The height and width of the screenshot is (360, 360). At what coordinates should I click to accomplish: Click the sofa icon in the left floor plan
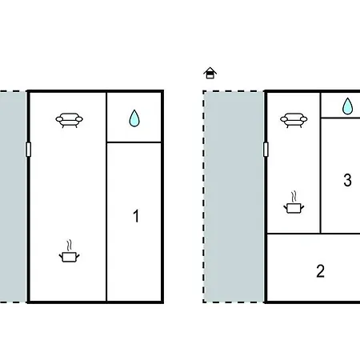click(70, 120)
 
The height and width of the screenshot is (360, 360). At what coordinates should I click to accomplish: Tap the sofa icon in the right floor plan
click(294, 120)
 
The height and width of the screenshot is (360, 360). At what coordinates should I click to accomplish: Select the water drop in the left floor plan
click(134, 118)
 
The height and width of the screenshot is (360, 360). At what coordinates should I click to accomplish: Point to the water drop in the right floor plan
click(347, 106)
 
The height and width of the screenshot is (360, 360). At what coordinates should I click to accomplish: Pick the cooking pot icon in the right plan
click(294, 202)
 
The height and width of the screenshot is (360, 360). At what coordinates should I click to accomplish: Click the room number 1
click(136, 216)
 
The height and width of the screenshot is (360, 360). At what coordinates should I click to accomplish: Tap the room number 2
click(320, 271)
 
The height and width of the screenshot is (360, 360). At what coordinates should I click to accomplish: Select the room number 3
click(347, 180)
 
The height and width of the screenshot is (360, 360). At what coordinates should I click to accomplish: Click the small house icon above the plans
click(210, 73)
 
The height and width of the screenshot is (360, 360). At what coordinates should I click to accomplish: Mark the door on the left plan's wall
click(29, 150)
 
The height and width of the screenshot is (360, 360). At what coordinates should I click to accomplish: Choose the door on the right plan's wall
click(266, 150)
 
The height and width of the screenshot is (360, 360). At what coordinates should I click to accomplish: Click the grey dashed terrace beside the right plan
click(234, 197)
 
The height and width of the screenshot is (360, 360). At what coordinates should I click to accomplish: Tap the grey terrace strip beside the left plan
click(13, 197)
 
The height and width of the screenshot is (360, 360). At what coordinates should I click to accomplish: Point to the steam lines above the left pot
click(70, 246)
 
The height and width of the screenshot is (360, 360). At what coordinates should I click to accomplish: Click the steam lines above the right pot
click(294, 196)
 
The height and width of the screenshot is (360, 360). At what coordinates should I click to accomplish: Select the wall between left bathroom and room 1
click(134, 142)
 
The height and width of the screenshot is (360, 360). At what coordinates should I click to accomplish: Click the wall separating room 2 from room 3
click(341, 234)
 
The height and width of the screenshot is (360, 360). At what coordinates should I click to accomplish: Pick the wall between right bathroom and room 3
click(341, 118)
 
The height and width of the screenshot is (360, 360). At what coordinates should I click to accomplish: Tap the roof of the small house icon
click(210, 70)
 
